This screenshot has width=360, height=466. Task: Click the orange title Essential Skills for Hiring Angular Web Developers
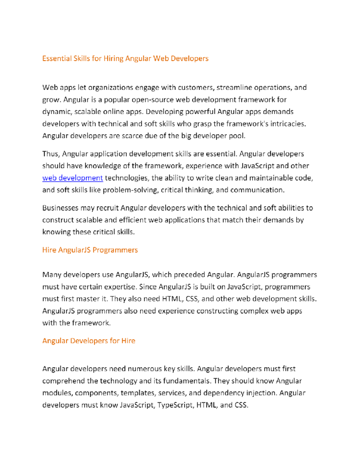[125, 58]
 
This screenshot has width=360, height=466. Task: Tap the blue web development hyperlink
[72, 178]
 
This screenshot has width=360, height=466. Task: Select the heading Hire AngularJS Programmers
[90, 250]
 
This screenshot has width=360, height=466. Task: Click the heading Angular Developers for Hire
[89, 341]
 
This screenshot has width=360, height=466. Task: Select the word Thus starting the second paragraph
[51, 154]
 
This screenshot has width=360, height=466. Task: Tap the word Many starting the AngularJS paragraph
[52, 275]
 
